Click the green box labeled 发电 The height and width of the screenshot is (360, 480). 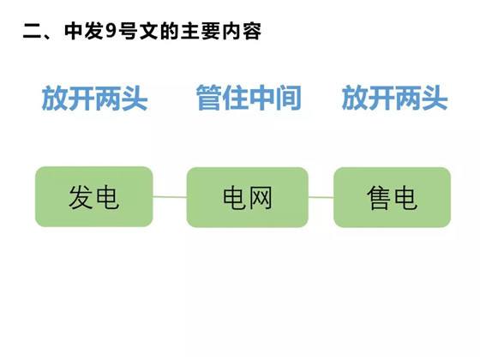coord(94,196)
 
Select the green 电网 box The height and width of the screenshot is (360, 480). coord(248,197)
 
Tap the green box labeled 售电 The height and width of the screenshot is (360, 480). coord(393,197)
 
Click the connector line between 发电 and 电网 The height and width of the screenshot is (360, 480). coord(170,197)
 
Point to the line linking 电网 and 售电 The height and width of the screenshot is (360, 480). coord(321,197)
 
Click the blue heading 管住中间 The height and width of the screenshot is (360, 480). coord(249,98)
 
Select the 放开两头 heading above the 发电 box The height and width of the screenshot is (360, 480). coord(94,98)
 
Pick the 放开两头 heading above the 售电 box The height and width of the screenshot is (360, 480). coord(395,98)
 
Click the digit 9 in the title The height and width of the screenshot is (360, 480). coord(111,31)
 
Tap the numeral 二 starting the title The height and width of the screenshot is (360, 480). coord(32,32)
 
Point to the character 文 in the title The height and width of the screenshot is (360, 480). coord(149,31)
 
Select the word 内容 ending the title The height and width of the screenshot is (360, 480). coord(242,31)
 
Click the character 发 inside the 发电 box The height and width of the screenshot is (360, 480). coord(81,197)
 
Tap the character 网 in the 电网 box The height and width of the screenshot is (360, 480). coord(261,198)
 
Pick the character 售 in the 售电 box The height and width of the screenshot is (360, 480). coord(379,198)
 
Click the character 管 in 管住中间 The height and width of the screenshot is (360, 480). coord(209,98)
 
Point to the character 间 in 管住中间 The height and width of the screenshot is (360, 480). coord(289,98)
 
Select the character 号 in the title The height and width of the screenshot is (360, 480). coord(129,31)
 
